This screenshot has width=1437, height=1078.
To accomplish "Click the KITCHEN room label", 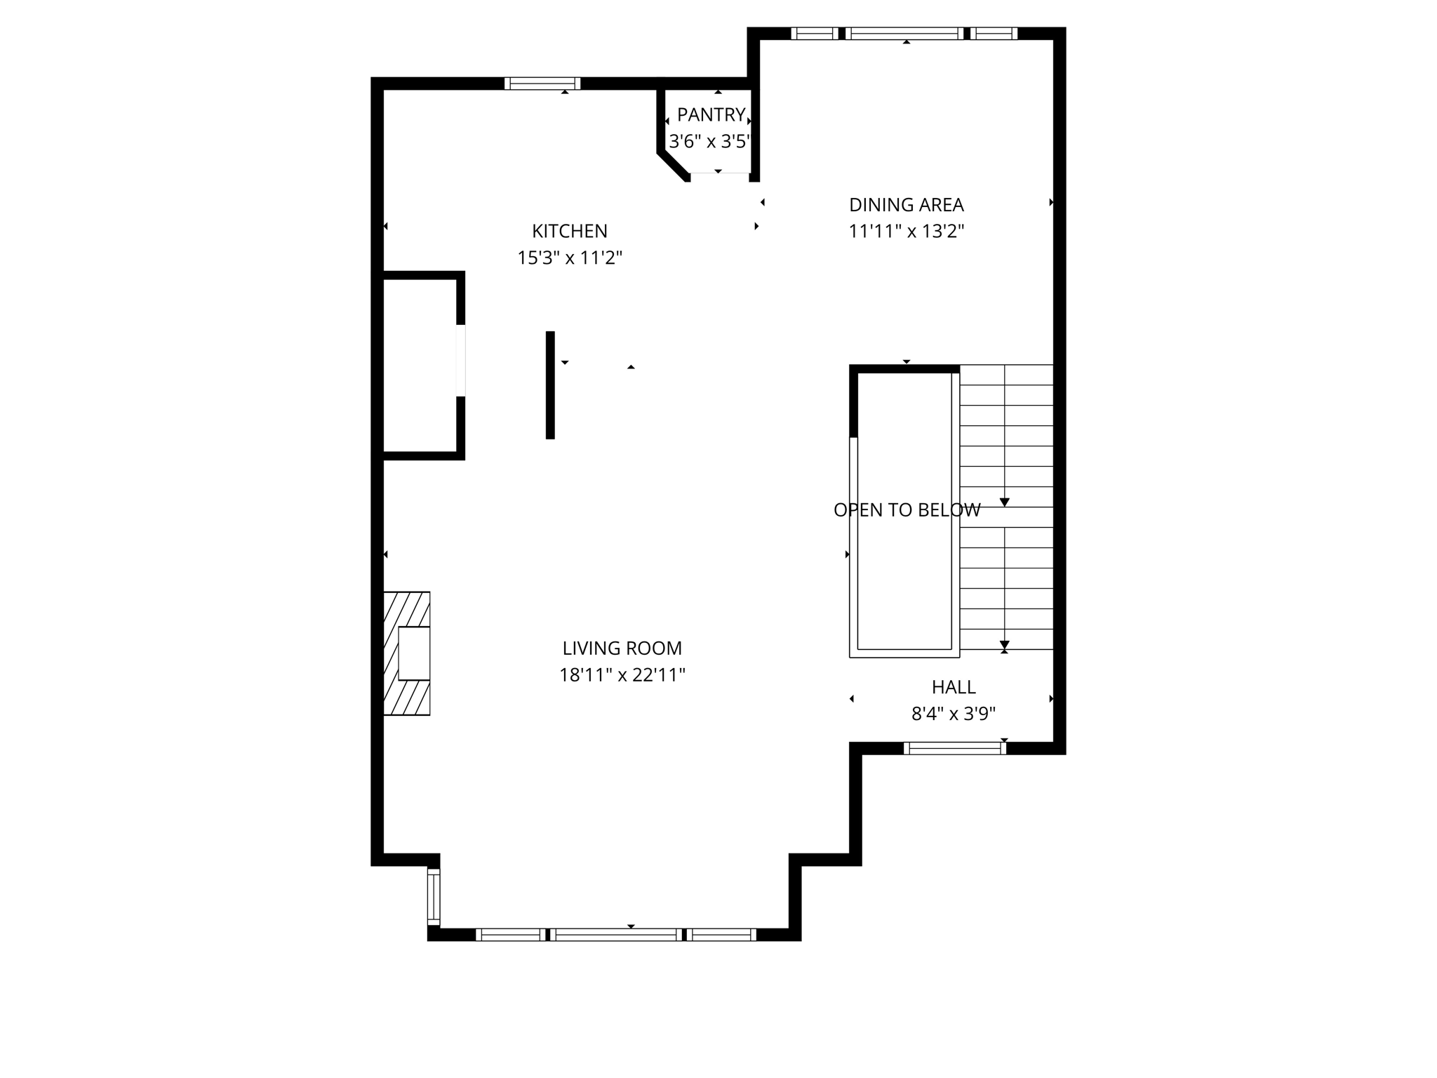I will [569, 231].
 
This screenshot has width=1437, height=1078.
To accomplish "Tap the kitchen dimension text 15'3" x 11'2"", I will [569, 258].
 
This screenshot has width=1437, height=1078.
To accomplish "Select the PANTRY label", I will [711, 114].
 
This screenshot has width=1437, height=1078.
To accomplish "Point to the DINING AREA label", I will [906, 205].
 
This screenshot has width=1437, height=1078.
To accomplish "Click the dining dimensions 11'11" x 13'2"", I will [906, 232].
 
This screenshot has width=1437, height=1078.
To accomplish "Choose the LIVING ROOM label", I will [622, 648].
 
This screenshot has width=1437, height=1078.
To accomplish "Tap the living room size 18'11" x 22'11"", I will [622, 675].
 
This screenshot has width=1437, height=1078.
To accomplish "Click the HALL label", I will [953, 687].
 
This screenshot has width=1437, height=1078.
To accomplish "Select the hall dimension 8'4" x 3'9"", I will [953, 714].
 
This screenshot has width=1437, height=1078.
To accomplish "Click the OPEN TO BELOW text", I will [906, 510].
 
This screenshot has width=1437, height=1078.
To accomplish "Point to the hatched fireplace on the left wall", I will [407, 653].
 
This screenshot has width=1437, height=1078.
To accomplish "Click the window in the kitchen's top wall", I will [542, 84].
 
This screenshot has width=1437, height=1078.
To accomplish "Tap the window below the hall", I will [954, 748].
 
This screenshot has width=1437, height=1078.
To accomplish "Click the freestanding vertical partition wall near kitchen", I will [550, 385].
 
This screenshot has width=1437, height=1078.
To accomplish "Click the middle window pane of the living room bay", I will [615, 934].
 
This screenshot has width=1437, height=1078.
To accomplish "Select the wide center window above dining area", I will [904, 33].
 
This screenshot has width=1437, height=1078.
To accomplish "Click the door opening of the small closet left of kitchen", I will [460, 360].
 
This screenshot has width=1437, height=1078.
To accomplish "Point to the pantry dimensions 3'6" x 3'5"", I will [709, 142].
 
